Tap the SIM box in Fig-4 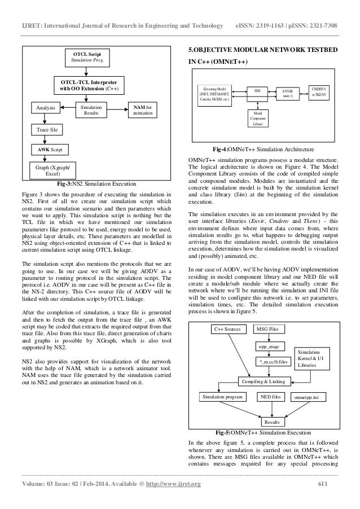(257, 90)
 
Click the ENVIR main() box (288, 93)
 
